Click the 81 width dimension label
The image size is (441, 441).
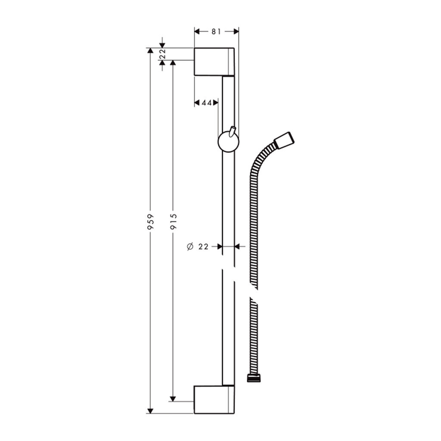(216, 31)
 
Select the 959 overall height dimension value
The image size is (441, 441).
(151, 222)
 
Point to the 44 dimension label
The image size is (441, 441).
(207, 103)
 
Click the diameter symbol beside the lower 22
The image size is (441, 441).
(190, 247)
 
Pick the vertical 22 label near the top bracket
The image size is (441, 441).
(162, 54)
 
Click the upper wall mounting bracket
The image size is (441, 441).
(214, 62)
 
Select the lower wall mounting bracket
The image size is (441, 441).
(214, 399)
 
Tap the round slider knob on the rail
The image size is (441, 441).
(228, 142)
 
